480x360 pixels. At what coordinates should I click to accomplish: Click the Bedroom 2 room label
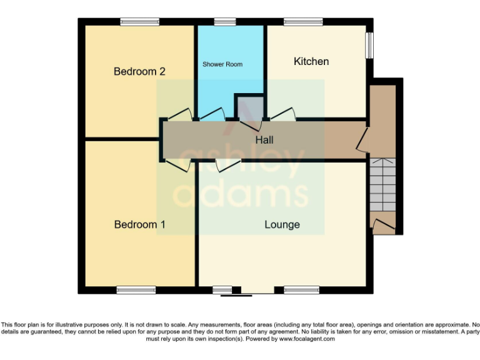[x=139, y=71]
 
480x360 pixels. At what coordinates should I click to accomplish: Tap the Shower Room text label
[x=222, y=64]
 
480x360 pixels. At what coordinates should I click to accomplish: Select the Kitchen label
[x=311, y=61]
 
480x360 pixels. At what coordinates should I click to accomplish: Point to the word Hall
[x=264, y=140]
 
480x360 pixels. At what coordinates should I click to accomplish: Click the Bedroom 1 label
[x=139, y=224]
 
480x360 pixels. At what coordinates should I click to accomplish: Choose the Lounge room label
[x=282, y=224]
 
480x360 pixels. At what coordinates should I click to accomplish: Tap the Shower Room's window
[x=225, y=22]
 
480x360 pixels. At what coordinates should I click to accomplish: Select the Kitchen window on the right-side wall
[x=369, y=46]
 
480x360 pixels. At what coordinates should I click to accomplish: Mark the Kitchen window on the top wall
[x=302, y=22]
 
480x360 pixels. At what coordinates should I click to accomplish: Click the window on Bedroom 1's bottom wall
[x=136, y=290]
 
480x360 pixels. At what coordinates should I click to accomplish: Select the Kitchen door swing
[x=282, y=114]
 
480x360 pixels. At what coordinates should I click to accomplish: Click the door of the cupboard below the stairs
[x=382, y=225]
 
